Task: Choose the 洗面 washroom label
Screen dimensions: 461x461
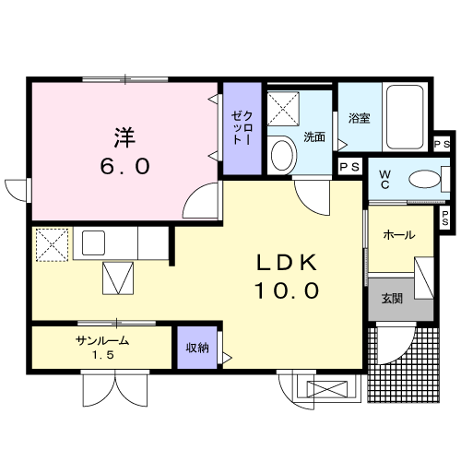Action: (314, 138)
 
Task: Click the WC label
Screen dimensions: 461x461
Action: (385, 177)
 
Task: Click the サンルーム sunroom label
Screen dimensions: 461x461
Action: (101, 341)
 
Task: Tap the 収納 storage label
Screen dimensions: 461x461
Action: (196, 348)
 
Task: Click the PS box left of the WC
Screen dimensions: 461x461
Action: (349, 167)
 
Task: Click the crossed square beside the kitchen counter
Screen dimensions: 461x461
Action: (47, 244)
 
